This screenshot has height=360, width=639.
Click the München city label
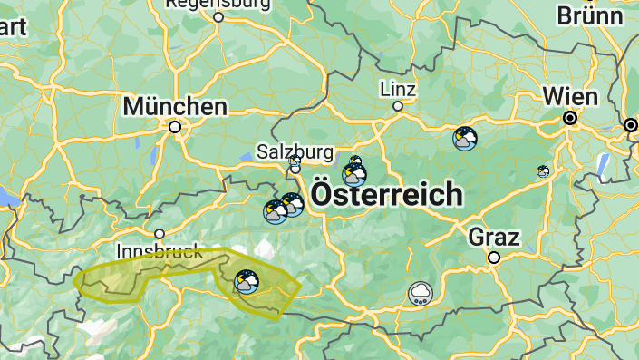[x=175, y=106]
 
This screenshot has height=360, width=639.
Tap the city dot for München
[x=175, y=128]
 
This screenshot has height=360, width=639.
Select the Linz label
[x=398, y=90]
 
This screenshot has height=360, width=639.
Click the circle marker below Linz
[x=397, y=106]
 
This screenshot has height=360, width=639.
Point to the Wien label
[x=570, y=97]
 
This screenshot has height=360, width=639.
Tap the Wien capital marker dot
[x=570, y=118]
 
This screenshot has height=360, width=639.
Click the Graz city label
[x=494, y=238]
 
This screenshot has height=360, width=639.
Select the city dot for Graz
[x=494, y=258]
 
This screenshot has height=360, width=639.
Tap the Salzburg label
[x=295, y=151]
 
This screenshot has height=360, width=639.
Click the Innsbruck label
[x=160, y=251]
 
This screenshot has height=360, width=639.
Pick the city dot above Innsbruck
[x=160, y=234]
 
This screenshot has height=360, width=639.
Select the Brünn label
[x=590, y=15]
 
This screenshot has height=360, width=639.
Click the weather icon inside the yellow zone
[x=245, y=282]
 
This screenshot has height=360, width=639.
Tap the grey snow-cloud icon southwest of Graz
[x=420, y=293]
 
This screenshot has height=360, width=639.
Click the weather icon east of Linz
[x=465, y=139]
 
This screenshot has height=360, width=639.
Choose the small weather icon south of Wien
[x=543, y=170]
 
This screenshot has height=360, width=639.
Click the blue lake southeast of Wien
[x=604, y=164]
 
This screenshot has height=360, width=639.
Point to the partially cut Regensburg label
[x=218, y=5]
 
